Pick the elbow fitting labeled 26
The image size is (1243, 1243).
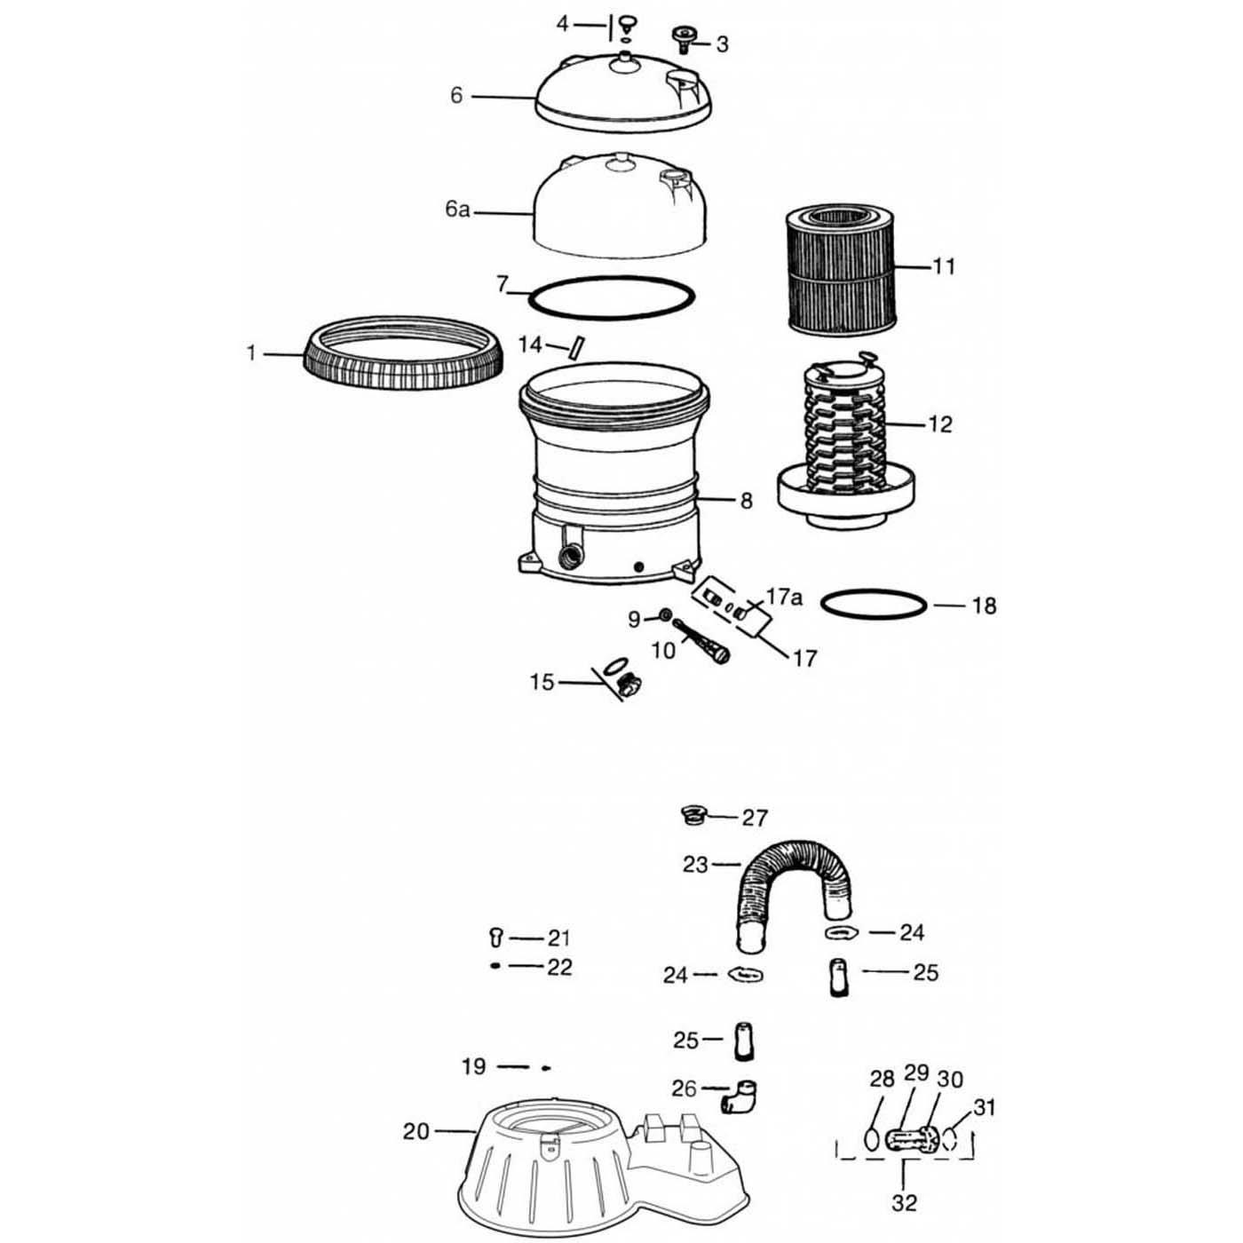pos(739,1095)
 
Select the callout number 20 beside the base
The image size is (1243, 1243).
pos(416,1131)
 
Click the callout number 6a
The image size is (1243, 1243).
pos(457,210)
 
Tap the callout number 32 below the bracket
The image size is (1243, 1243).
pos(903,1203)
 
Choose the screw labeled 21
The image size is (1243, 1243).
pos(496,936)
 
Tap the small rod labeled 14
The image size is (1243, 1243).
pos(576,346)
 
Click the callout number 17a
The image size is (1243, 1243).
pos(783,598)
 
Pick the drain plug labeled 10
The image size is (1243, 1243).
pos(703,640)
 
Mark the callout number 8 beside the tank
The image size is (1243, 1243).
pos(746,502)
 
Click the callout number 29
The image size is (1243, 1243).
pos(915,1074)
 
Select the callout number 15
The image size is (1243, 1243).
pos(542,683)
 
